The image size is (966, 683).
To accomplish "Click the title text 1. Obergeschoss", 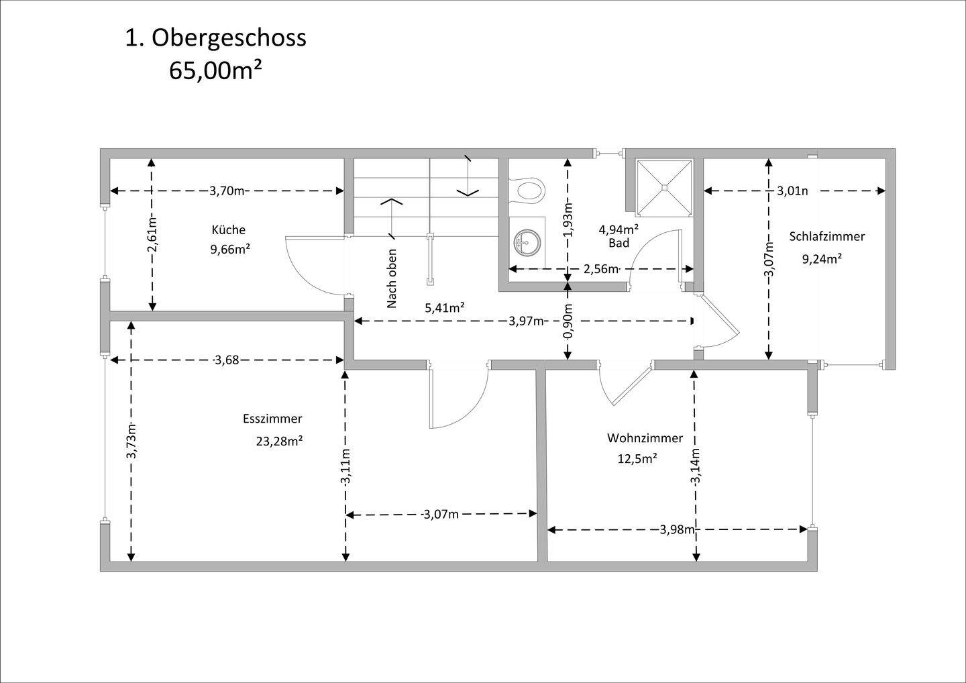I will [215, 38].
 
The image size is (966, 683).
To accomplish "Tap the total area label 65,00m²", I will [215, 70].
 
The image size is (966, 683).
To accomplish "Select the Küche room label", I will [229, 230].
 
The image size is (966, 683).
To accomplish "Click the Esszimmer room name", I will [272, 419].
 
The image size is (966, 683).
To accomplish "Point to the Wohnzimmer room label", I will [645, 438].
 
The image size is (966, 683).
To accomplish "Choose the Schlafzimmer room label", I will [826, 236].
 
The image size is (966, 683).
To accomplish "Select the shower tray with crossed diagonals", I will [663, 188].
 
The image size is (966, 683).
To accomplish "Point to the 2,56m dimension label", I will [600, 269].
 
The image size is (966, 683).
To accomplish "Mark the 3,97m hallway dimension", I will [526, 321].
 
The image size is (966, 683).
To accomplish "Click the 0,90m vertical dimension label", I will [568, 321].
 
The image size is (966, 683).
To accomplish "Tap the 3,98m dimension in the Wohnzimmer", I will [677, 529].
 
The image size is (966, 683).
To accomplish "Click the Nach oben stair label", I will [392, 278].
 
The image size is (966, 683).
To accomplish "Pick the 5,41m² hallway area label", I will [445, 308].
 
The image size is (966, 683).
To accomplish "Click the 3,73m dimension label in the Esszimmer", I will [131, 441].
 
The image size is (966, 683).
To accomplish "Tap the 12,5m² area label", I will [637, 459].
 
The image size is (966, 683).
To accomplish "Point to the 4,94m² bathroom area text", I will [619, 229].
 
